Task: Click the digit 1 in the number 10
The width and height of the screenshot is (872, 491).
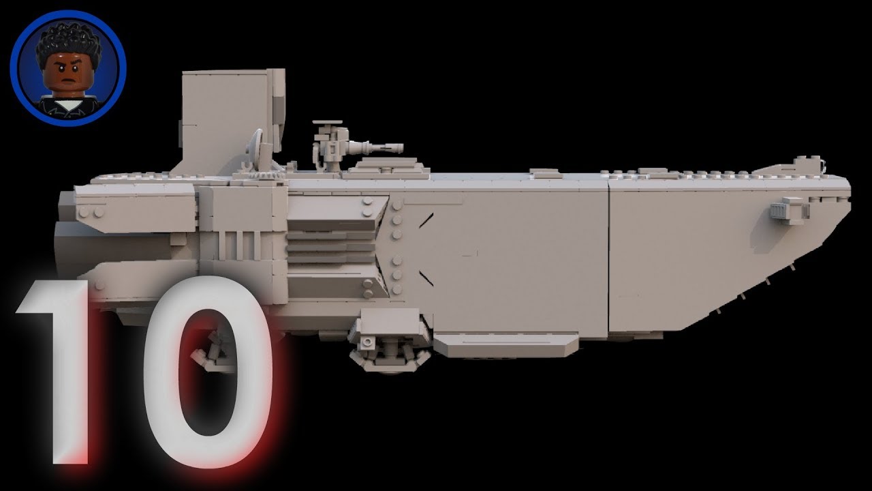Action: pyautogui.click(x=65, y=368)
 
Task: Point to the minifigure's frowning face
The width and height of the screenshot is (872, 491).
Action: pyautogui.click(x=67, y=75)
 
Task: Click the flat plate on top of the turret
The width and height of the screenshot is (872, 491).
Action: pyautogui.click(x=328, y=123)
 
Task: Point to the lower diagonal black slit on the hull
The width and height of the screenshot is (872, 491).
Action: pyautogui.click(x=426, y=278)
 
